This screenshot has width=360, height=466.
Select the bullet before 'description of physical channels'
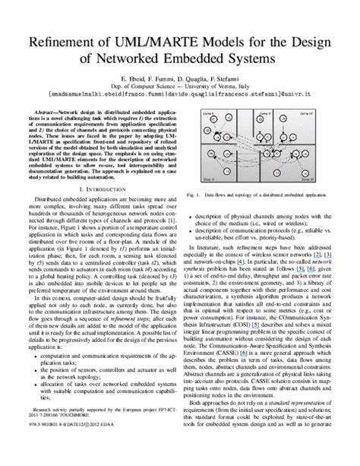point(192,210)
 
